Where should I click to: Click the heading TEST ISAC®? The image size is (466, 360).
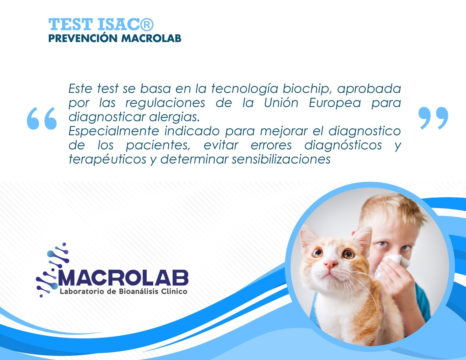[x=101, y=24]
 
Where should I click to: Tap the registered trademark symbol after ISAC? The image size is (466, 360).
[x=147, y=24]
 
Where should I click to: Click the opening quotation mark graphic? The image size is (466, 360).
[x=42, y=118]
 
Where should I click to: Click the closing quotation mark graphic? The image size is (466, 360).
[x=433, y=118]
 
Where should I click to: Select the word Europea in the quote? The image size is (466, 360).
[x=335, y=103]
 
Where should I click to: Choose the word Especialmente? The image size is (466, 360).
[x=114, y=131]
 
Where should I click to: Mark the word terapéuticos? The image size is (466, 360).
[x=107, y=160]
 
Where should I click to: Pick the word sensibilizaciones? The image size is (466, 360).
[x=281, y=159]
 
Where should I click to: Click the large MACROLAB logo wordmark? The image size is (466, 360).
[x=123, y=278]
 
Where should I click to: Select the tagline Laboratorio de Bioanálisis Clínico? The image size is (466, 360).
[x=123, y=291]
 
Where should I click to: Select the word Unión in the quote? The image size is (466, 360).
[x=281, y=103]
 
